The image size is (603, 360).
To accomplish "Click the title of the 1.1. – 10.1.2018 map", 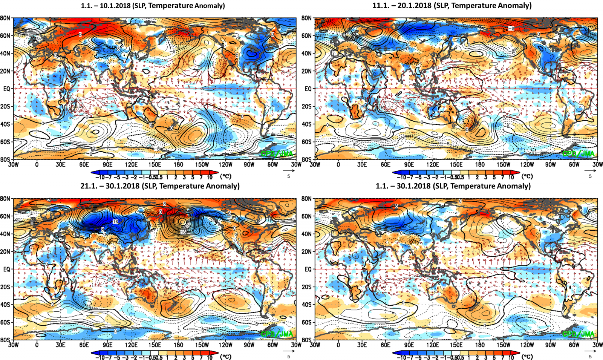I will pyautogui.click(x=153, y=6).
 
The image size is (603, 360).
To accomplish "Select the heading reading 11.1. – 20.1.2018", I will pyautogui.click(x=452, y=6).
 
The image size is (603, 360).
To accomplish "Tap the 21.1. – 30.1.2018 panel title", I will pyautogui.click(x=160, y=186).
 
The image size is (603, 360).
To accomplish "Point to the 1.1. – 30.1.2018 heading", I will pyautogui.click(x=453, y=186).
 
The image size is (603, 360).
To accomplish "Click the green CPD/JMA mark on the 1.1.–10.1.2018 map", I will pyautogui.click(x=277, y=153).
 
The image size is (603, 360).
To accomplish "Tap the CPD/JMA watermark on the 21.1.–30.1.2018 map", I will pyautogui.click(x=277, y=334).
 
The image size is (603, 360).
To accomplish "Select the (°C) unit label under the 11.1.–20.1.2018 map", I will pyautogui.click(x=527, y=176).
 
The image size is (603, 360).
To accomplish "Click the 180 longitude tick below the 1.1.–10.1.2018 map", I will pyautogui.click(x=178, y=165).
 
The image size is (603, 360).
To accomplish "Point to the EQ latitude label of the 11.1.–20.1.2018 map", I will pyautogui.click(x=308, y=89).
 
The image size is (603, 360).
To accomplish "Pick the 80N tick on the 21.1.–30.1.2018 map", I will pyautogui.click(x=5, y=199).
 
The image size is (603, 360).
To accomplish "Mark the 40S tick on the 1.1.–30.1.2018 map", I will pyautogui.click(x=306, y=305).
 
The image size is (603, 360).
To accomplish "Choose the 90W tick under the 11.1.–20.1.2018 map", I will pyautogui.click(x=551, y=165).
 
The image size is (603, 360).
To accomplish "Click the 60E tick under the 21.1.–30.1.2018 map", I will pyautogui.click(x=84, y=345).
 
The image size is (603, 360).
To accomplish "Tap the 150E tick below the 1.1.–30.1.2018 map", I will pyautogui.click(x=456, y=345).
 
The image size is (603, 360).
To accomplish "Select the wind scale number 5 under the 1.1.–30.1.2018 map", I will pyautogui.click(x=590, y=357).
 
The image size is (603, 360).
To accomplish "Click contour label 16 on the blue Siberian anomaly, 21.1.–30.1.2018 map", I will pyautogui.click(x=115, y=222).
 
